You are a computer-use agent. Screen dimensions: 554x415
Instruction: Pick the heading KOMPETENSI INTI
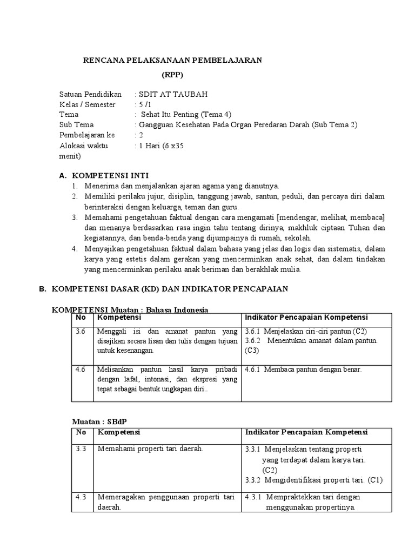coord(110,175)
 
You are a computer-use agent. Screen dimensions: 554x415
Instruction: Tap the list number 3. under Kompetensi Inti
coord(75,217)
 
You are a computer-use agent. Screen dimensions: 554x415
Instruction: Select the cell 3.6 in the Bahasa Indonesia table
coord(81,331)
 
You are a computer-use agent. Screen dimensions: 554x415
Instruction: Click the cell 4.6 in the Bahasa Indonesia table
coord(81,370)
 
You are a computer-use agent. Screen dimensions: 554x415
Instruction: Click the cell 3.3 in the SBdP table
coord(81,449)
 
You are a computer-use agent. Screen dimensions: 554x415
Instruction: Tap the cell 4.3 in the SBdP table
coord(81,497)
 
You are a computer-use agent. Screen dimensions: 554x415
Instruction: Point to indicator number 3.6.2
coord(253,341)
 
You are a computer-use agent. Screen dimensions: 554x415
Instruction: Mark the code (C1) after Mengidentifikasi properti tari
coord(374,480)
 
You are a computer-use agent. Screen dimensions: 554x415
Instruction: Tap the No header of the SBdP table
coord(81,432)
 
